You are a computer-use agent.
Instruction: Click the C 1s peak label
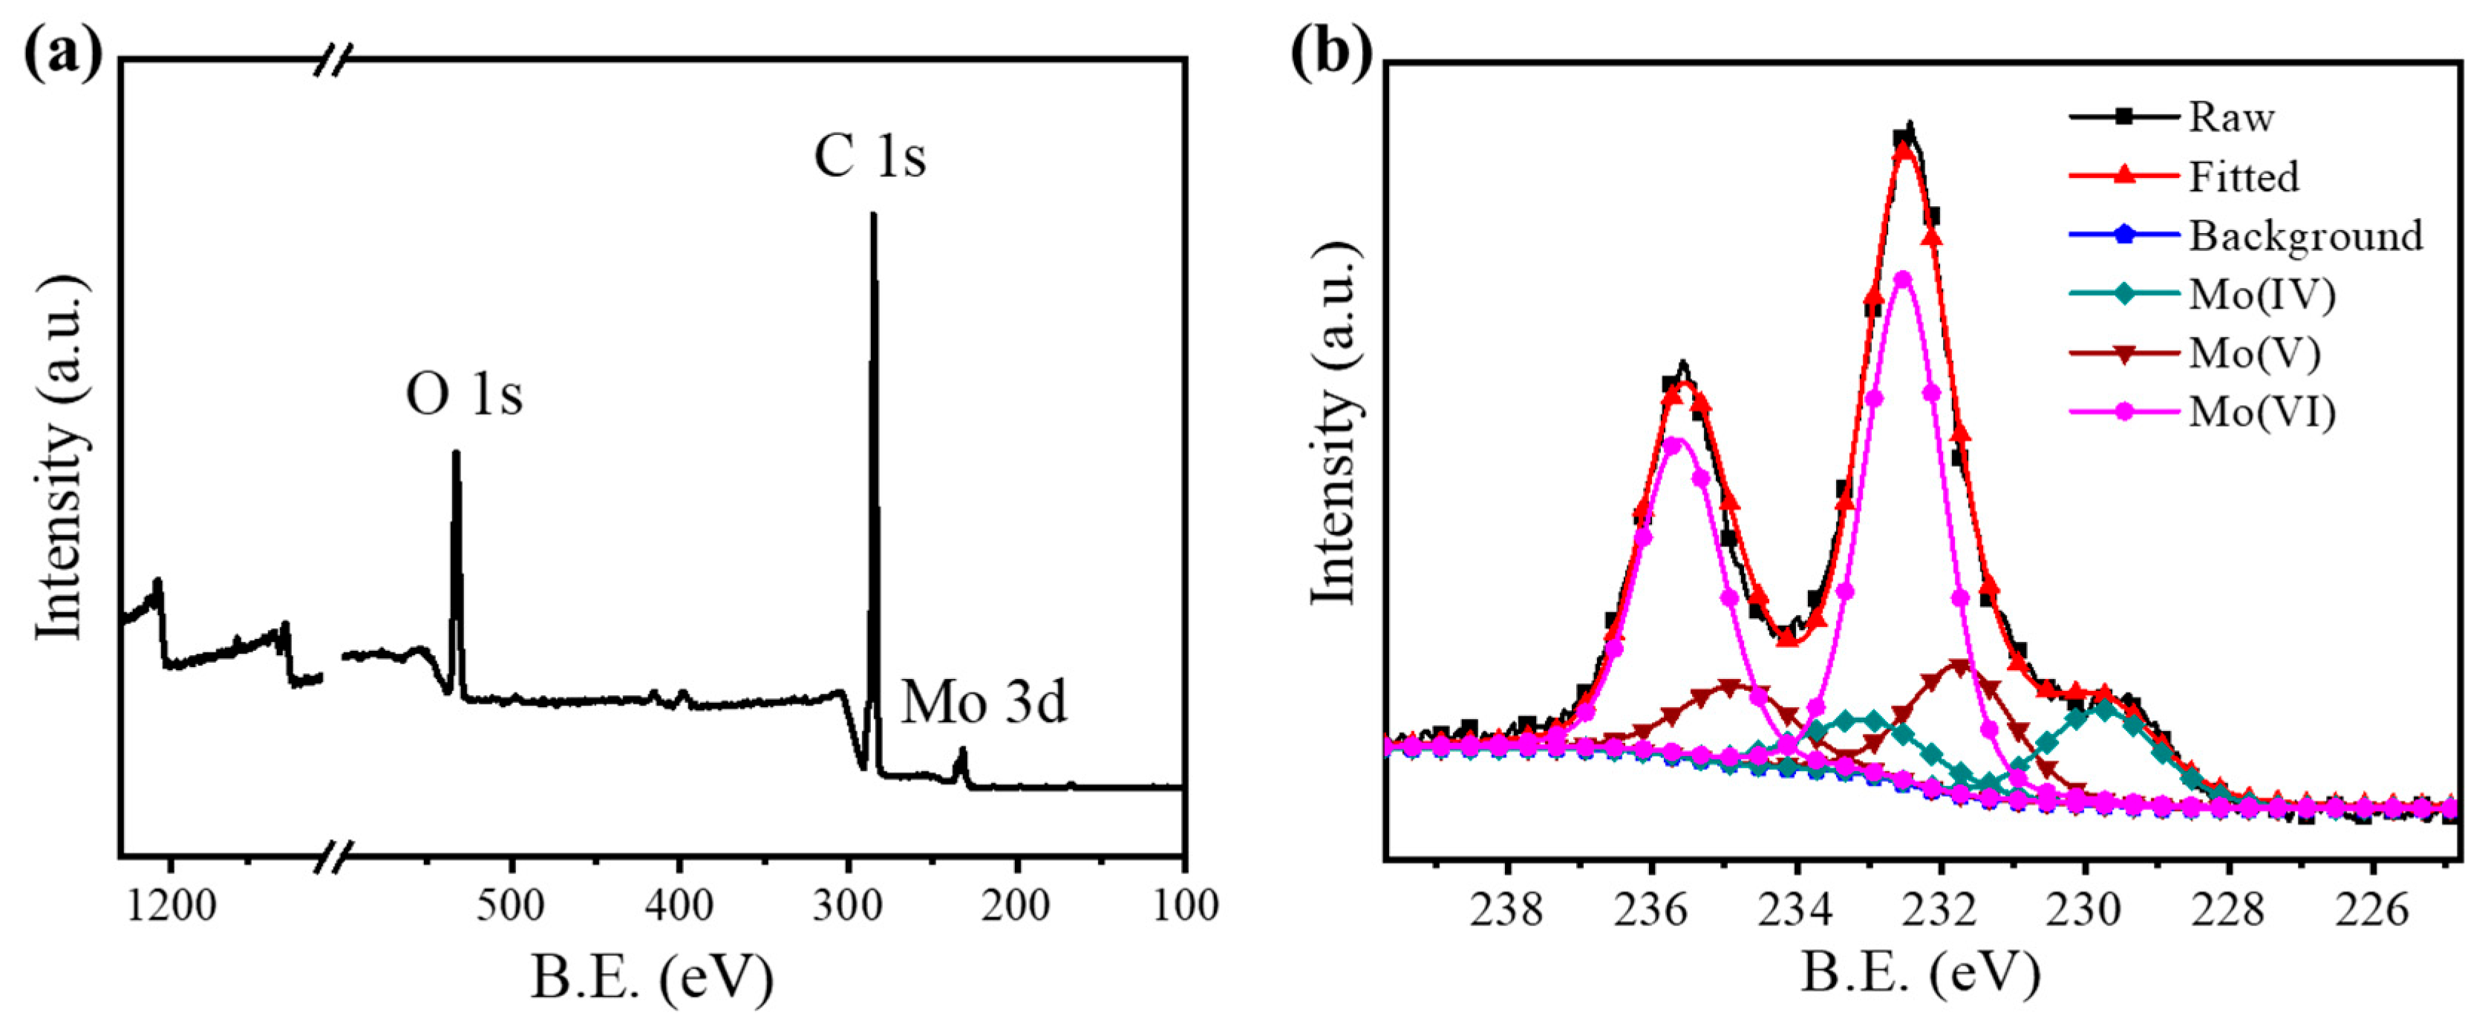tap(869, 157)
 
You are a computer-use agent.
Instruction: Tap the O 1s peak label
tap(464, 395)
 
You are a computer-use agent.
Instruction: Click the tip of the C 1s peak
tap(873, 215)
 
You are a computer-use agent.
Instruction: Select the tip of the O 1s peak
tap(457, 453)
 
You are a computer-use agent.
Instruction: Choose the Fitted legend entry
tap(2244, 177)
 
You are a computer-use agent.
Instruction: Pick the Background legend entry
tap(2305, 235)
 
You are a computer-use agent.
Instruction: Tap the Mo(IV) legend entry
tap(2262, 294)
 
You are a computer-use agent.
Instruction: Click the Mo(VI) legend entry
tap(2262, 412)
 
